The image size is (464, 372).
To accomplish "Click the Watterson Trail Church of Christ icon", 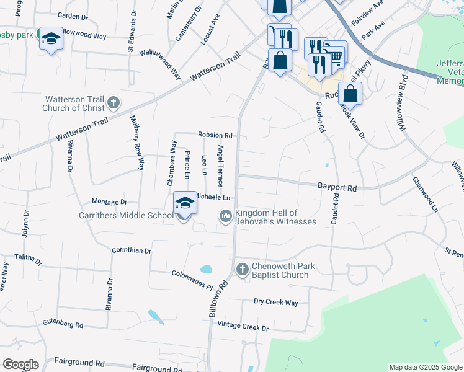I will click(113, 102).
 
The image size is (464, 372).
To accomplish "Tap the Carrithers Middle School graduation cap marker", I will click(185, 203).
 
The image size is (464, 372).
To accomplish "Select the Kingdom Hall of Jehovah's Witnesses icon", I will click(225, 216).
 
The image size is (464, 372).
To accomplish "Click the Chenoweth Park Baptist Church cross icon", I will click(242, 270).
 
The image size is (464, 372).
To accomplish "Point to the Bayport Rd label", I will click(337, 187).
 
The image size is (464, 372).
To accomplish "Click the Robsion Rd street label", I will click(215, 135).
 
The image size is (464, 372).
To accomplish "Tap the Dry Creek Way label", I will click(276, 303).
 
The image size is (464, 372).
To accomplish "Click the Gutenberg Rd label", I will click(63, 324).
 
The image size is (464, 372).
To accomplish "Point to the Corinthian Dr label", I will click(132, 250).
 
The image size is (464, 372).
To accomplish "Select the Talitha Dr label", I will click(29, 260).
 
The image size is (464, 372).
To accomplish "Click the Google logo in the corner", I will click(20, 365).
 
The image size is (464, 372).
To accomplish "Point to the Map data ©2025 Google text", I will click(425, 367).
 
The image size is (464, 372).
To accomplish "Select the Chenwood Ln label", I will click(426, 194).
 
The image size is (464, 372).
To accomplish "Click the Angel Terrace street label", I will click(220, 166).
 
